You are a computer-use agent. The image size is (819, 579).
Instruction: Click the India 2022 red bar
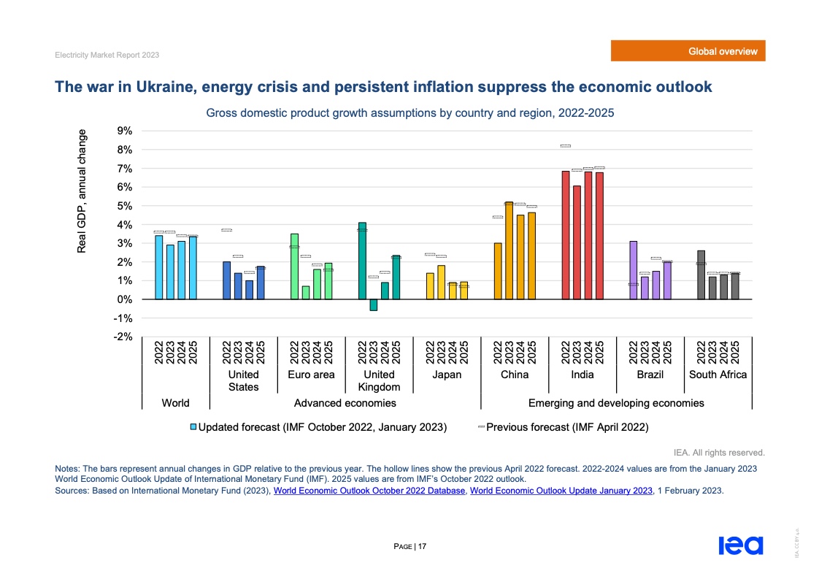pos(566,235)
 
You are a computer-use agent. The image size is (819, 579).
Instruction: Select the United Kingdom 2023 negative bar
pos(374,305)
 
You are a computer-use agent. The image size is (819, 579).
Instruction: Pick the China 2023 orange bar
pos(509,250)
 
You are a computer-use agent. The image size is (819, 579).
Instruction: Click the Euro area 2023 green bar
pos(306,293)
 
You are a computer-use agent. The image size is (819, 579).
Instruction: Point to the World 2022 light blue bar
pos(159,267)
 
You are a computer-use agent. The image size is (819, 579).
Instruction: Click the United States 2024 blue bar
pos(249,290)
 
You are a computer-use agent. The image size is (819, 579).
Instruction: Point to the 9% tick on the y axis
pos(124,131)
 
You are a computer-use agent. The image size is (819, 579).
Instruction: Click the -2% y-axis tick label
pos(123,337)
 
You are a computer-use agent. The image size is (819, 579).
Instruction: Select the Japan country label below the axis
pos(447,375)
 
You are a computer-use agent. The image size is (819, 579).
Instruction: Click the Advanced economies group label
pos(345,403)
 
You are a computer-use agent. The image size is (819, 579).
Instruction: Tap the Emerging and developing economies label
pos(615,403)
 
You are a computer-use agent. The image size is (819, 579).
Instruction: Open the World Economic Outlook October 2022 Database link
pos(369,491)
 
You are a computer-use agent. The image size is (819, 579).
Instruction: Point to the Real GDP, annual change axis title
pos(81,191)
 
